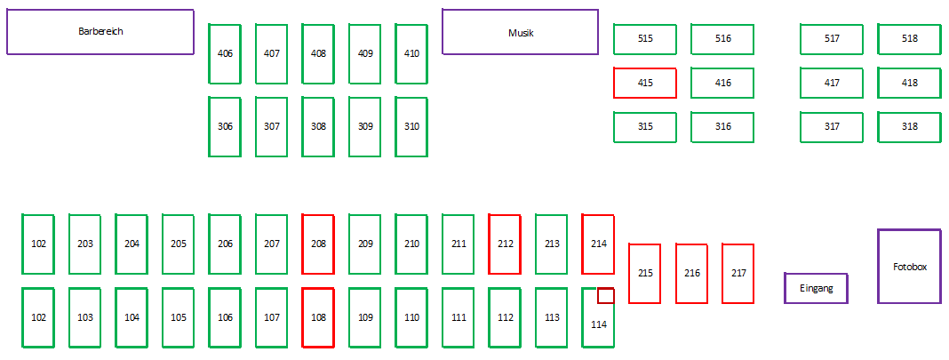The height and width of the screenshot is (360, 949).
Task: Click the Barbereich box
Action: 100,31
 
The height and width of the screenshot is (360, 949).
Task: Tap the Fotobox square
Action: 910,266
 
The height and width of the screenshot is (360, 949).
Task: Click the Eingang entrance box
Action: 816,288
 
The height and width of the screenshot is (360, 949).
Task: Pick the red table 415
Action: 645,83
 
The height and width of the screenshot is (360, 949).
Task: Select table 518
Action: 909,39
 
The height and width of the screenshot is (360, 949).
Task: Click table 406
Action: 225,54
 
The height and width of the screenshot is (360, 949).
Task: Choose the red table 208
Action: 318,244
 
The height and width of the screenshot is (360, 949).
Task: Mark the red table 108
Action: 318,317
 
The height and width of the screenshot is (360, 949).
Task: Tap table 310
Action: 411,126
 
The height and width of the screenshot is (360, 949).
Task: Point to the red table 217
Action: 738,273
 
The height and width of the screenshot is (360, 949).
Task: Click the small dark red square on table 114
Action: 606,295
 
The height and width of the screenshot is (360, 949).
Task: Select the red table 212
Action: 506,244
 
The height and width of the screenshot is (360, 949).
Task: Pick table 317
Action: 832,126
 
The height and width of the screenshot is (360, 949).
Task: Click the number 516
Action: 722,39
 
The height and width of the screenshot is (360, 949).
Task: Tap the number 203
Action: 85,244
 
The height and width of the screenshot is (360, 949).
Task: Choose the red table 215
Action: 645,273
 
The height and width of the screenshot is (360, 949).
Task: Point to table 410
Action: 411,54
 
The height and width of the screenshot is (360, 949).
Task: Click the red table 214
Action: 598,244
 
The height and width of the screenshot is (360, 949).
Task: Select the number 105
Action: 179,317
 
